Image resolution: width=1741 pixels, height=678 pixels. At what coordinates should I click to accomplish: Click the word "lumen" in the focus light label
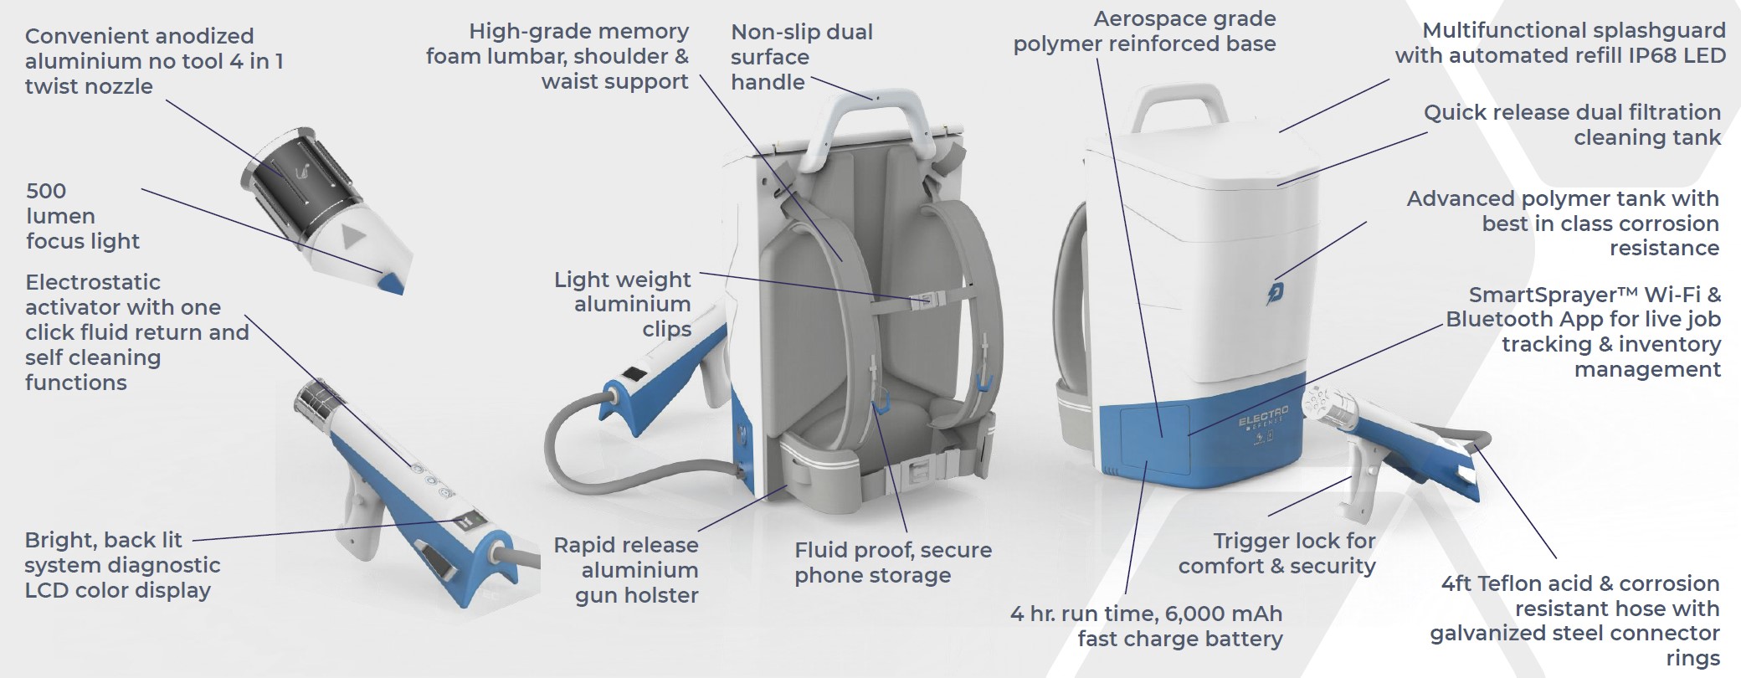tap(60, 216)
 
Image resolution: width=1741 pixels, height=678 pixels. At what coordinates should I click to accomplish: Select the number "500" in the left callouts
tap(46, 191)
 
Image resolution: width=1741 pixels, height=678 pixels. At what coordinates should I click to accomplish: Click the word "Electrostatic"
tap(93, 282)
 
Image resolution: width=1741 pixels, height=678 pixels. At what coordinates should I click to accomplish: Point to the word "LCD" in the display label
tap(47, 590)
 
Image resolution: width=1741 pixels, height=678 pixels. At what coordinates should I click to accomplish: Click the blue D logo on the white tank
tap(1276, 292)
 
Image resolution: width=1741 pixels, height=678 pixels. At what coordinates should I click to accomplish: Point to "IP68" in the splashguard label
tap(1645, 55)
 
